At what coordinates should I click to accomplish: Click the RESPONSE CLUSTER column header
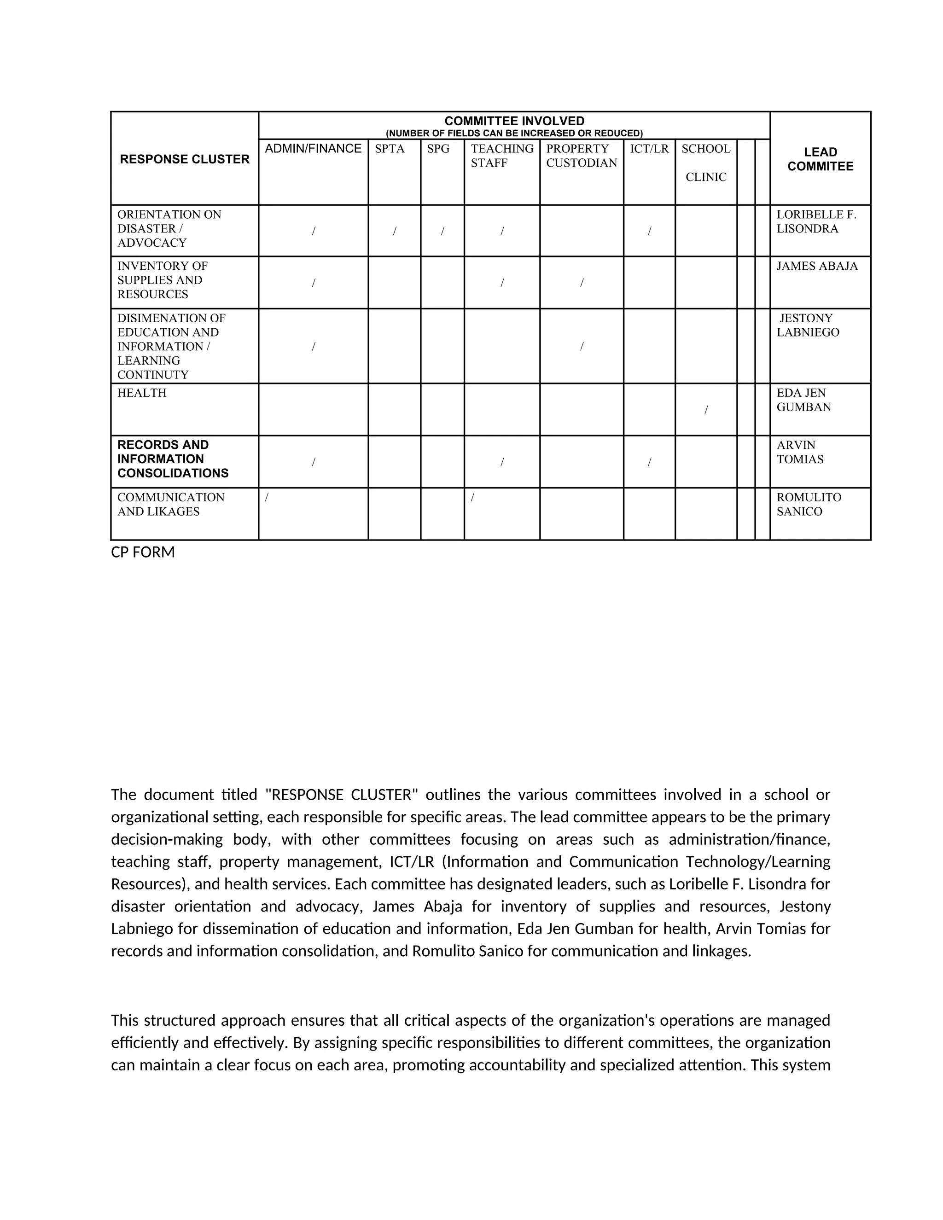tap(184, 159)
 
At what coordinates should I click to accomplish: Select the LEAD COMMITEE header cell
tap(820, 159)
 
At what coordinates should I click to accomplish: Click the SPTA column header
tap(390, 149)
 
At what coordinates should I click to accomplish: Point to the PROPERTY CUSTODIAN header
tap(581, 156)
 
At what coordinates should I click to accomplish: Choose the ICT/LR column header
tap(649, 149)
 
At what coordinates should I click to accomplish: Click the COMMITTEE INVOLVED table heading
tap(514, 121)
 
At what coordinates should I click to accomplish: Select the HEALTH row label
tap(142, 393)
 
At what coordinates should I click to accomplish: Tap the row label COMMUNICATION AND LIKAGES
tap(170, 505)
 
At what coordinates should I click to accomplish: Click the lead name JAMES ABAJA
tap(817, 266)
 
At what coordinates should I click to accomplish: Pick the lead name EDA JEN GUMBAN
tap(803, 400)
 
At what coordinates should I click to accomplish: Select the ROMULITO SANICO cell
tap(809, 505)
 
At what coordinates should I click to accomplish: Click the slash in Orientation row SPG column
tap(442, 231)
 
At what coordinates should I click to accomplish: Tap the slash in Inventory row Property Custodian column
tap(582, 283)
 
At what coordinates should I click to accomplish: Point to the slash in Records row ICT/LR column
tap(649, 462)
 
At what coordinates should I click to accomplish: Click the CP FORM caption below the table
tap(143, 552)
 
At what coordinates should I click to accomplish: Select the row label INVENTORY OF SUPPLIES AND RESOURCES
tap(162, 280)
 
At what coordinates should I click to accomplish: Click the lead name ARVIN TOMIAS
tap(799, 452)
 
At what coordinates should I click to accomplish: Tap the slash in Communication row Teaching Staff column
tap(472, 497)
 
